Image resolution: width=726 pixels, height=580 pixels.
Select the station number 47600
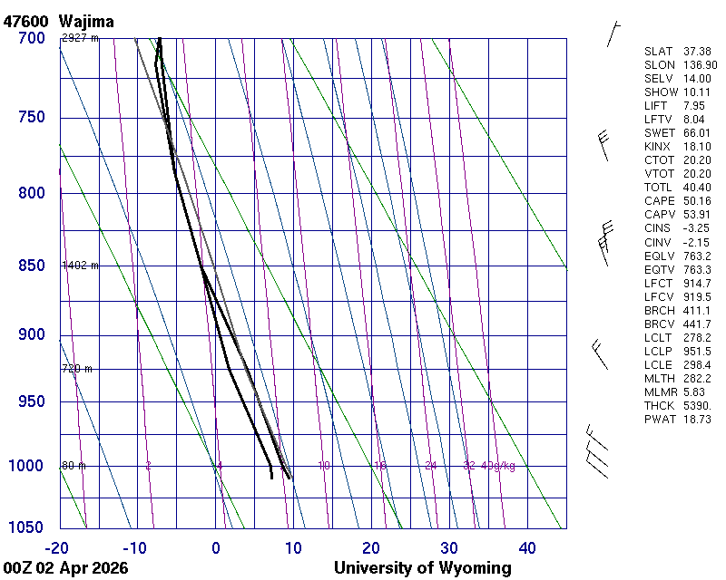[x=26, y=20]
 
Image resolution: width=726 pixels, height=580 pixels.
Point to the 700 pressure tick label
[x=31, y=38]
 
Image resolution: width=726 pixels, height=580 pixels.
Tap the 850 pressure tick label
[x=31, y=266]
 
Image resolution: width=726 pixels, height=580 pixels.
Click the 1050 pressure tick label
[x=27, y=527]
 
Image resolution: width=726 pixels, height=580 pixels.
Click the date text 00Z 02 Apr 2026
[x=64, y=568]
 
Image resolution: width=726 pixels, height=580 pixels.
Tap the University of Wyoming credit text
[x=422, y=568]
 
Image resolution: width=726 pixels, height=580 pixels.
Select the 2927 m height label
[x=80, y=38]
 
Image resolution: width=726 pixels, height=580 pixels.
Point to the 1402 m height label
[x=80, y=266]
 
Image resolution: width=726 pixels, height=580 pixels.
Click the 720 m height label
[x=77, y=369]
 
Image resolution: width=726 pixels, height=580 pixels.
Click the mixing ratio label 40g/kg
[x=498, y=466]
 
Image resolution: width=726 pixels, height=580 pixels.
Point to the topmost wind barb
[x=613, y=34]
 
